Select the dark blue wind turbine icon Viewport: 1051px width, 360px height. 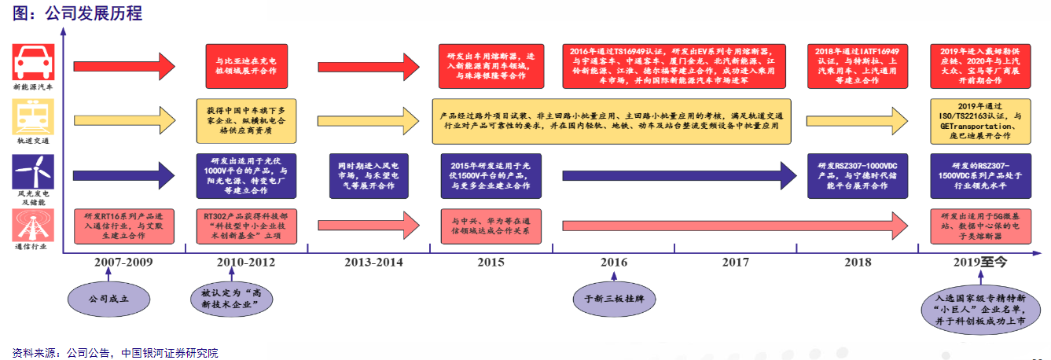tap(34, 171)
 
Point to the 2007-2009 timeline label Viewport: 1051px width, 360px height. tap(124, 263)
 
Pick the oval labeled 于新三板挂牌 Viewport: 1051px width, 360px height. tap(614, 299)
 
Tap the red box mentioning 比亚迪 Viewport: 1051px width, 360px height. tap(241, 65)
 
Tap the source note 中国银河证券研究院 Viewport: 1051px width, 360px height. tap(170, 352)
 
